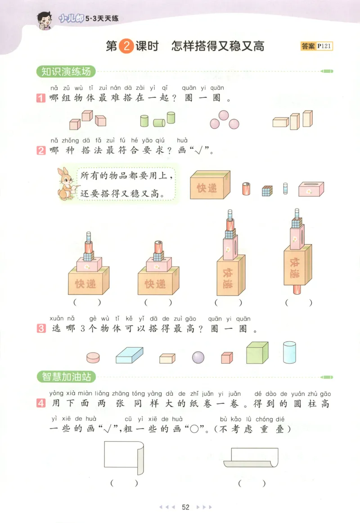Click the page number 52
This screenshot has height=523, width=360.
(186, 507)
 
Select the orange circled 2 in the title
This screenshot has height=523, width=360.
(126, 46)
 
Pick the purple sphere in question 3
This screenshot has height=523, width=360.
(198, 357)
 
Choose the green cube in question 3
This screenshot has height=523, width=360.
(257, 353)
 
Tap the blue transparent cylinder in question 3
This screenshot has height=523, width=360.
(289, 352)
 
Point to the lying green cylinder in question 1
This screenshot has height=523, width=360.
(159, 122)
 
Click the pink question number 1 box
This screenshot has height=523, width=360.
(41, 98)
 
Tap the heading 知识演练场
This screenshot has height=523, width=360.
(66, 72)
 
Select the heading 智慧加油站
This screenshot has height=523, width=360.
(66, 376)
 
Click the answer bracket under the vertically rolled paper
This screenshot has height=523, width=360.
(123, 483)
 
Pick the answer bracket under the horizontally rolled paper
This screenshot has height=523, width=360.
(252, 483)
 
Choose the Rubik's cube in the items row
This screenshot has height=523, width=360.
(267, 190)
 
